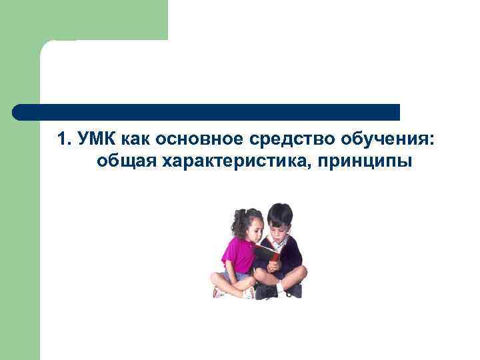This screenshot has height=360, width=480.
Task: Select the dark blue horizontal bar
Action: coord(207,112)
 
